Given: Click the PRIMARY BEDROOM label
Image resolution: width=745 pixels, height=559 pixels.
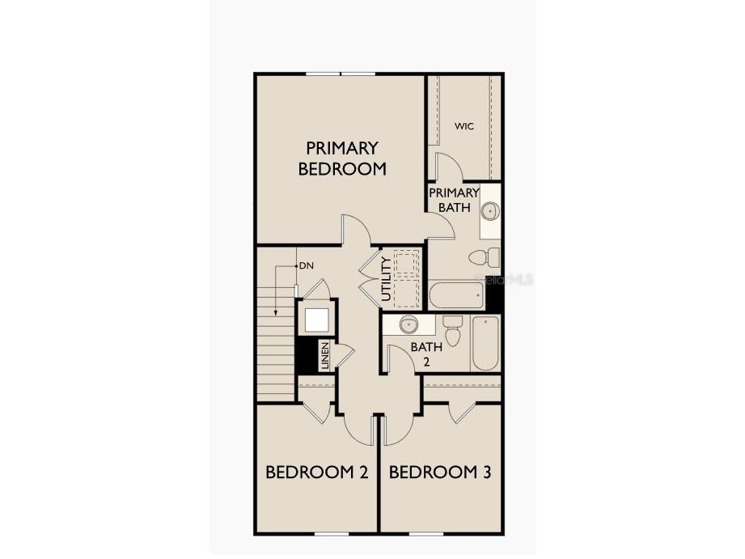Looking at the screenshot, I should click(x=341, y=159).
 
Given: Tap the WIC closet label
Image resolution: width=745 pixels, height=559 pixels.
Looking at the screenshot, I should click(x=464, y=126).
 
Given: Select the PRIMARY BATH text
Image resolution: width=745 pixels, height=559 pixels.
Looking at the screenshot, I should click(x=454, y=200).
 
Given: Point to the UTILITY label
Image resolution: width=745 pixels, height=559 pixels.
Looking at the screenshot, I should click(x=386, y=279).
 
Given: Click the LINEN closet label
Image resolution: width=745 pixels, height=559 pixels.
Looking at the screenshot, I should click(x=325, y=356).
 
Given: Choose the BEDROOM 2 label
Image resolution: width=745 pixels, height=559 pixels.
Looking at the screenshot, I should click(x=317, y=472).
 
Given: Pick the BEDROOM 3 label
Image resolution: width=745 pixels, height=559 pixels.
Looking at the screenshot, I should click(x=440, y=472).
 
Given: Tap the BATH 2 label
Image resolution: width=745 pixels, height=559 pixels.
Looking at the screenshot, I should click(x=426, y=354).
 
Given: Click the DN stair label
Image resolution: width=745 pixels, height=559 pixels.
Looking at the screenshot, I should click(x=306, y=265).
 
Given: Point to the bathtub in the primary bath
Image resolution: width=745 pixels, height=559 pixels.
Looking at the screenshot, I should click(x=456, y=294).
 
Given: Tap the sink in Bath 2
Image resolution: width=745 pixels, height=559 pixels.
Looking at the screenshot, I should click(x=408, y=325).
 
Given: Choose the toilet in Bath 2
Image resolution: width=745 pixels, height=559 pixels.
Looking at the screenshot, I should click(x=452, y=331).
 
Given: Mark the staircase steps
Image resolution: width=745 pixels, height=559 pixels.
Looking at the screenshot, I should click(x=276, y=348).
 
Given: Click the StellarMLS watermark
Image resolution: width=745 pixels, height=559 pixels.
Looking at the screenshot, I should click(x=504, y=280).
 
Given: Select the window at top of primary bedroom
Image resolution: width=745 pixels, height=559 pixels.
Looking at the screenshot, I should click(x=341, y=74).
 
